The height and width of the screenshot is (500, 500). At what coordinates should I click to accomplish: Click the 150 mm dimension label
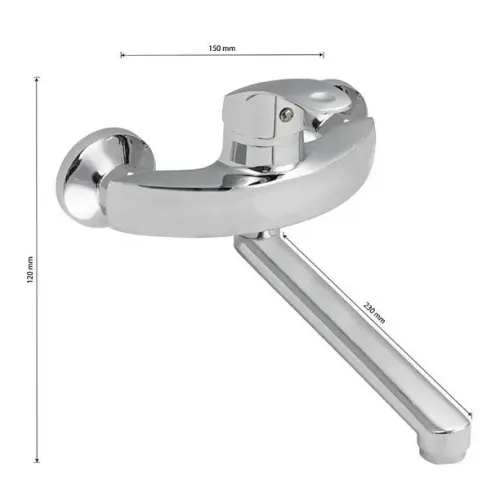point(222,48)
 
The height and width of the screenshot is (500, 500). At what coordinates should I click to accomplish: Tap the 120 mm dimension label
point(30,270)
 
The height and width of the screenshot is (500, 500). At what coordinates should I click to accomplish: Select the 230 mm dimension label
point(374,313)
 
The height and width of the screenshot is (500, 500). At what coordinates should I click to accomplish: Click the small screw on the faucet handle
point(284,114)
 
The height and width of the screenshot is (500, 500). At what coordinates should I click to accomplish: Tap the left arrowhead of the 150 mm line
point(122,55)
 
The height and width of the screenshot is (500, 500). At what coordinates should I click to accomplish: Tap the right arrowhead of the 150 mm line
point(322,55)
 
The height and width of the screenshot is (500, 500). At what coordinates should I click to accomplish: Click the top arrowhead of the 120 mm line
point(37,79)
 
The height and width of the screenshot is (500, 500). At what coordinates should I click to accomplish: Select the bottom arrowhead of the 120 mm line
point(37,461)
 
